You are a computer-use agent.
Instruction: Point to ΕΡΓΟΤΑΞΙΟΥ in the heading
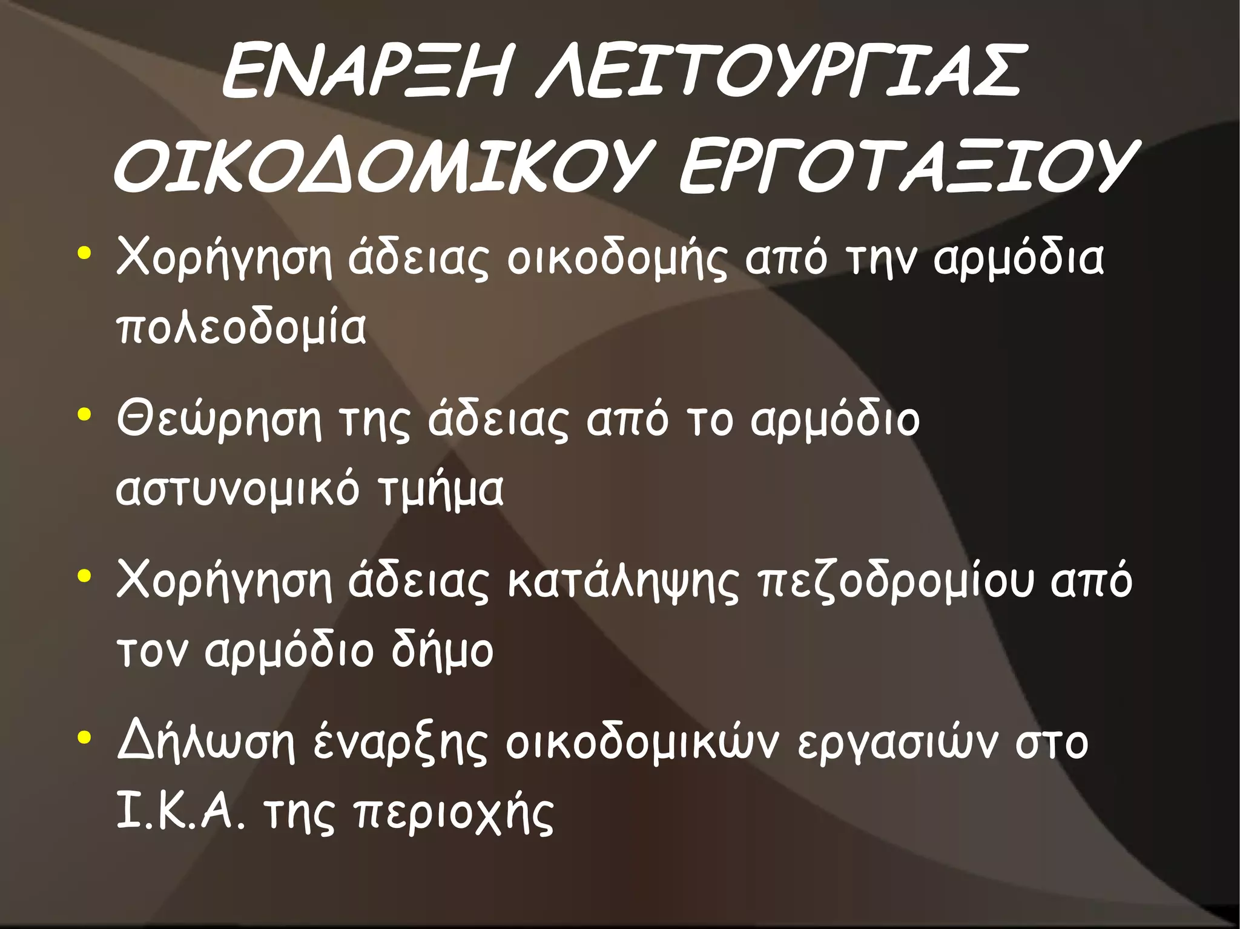click(x=906, y=166)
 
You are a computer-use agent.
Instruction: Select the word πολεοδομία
click(x=241, y=329)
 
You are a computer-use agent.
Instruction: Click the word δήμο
click(x=442, y=651)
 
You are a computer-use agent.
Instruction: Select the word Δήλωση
click(x=206, y=743)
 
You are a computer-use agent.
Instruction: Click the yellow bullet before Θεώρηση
click(x=84, y=416)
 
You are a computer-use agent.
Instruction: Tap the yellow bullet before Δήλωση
click(x=84, y=738)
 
